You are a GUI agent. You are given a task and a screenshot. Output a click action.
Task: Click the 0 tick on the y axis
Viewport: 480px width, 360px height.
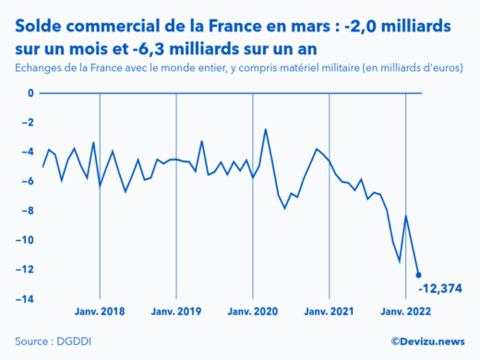(x=30, y=93)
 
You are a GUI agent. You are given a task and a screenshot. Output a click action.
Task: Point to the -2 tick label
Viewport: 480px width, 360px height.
(x=27, y=123)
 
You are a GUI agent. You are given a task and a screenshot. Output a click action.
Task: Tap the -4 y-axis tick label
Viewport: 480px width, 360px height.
(x=27, y=152)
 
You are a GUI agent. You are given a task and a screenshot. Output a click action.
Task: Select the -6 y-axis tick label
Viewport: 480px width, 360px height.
(x=27, y=182)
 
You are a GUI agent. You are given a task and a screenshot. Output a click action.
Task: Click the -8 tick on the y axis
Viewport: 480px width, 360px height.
(x=27, y=211)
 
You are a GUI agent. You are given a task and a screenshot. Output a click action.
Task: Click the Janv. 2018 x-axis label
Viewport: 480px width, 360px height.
(x=100, y=311)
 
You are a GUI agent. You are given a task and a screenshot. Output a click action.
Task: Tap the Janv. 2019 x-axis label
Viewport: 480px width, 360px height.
(x=176, y=311)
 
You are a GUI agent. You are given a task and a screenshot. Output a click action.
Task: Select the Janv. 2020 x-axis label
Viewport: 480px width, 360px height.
(x=253, y=311)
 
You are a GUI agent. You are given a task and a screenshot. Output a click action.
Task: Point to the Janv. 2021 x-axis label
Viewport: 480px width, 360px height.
(x=330, y=311)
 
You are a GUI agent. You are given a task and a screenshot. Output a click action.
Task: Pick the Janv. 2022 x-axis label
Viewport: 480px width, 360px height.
(x=406, y=311)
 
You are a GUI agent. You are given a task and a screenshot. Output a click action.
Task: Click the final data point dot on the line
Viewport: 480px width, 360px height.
(x=419, y=275)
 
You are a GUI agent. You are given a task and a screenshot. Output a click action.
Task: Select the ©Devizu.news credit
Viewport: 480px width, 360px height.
(x=427, y=341)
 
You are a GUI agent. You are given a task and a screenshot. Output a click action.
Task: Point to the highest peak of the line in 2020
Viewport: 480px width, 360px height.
(x=266, y=129)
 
